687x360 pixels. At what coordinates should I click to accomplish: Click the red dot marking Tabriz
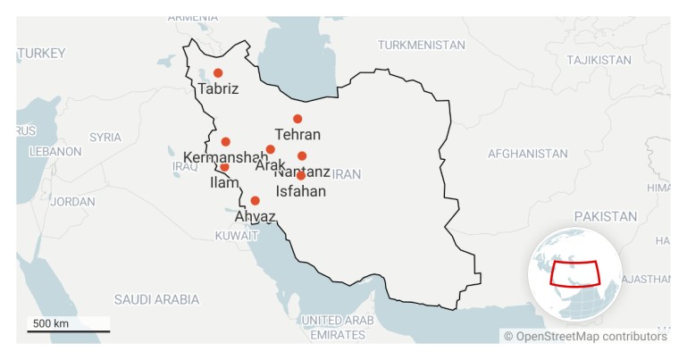tap(218, 73)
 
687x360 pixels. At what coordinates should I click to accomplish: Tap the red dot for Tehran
tap(297, 119)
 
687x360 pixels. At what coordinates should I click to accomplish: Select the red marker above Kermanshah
tap(226, 142)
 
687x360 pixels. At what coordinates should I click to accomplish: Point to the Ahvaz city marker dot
tap(256, 201)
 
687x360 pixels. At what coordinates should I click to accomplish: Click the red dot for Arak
tap(271, 150)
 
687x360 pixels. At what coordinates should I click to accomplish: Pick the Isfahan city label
tap(300, 191)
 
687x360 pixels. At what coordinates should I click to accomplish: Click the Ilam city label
tap(224, 182)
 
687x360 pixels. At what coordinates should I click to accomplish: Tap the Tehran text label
tap(297, 135)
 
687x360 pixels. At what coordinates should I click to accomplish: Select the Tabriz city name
tap(219, 89)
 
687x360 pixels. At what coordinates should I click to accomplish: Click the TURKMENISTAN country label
tap(421, 45)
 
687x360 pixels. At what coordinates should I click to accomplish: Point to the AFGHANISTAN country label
tap(527, 154)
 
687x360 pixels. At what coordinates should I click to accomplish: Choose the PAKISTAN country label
tap(605, 216)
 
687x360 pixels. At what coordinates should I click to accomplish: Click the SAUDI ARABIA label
tap(156, 299)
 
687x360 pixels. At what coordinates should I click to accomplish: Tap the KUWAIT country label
tap(236, 236)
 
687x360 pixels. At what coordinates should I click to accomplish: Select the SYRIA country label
tap(105, 138)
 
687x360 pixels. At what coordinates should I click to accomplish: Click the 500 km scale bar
tap(68, 331)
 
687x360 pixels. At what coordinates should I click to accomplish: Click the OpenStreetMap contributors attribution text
tap(585, 337)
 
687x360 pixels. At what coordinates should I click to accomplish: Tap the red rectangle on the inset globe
tap(575, 271)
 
